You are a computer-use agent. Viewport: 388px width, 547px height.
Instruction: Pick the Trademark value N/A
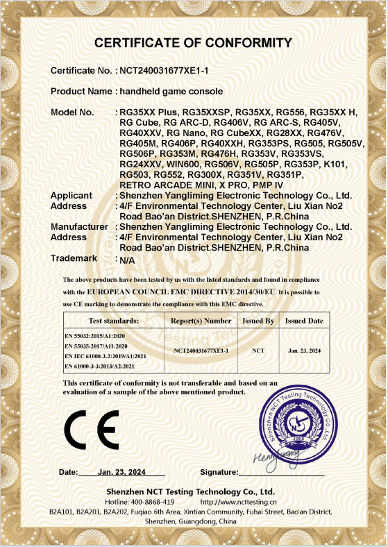pos(127,262)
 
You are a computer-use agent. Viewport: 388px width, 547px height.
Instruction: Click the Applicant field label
pos(71,196)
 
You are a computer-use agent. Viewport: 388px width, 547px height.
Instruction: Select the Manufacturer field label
pos(79,226)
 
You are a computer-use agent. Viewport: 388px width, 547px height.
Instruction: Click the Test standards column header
pos(114,321)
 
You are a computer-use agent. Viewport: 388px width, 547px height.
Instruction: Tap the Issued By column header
pos(259,321)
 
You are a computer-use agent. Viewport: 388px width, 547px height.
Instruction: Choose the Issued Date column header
pos(304,321)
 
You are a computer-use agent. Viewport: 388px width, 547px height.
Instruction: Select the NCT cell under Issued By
pos(259,351)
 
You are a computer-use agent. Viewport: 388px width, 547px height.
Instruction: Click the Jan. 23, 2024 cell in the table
pos(305,351)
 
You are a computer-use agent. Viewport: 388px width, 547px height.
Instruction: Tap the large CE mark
pos(92,430)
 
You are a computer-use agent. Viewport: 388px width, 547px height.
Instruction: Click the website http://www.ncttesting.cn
pos(238,501)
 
